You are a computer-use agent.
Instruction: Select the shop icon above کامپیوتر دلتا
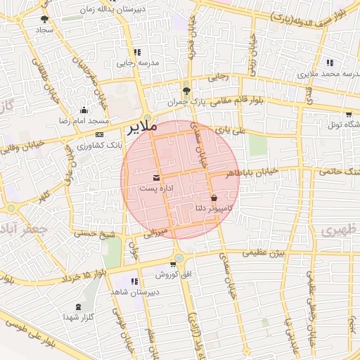click(x=214, y=198)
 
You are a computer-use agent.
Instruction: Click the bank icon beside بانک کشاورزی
click(x=99, y=134)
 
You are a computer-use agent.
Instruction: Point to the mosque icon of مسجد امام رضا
click(x=84, y=110)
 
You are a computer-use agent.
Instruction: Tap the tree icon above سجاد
click(x=46, y=20)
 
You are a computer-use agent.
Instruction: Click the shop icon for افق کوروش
click(x=179, y=273)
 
